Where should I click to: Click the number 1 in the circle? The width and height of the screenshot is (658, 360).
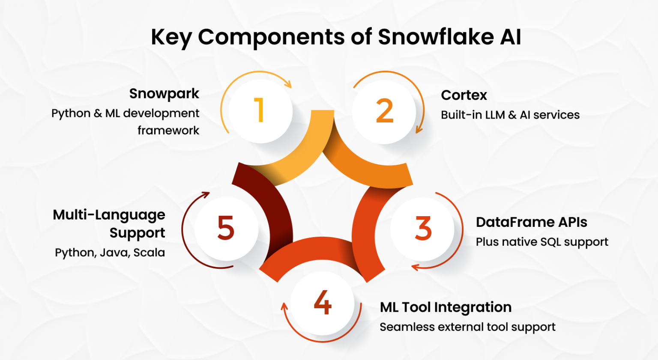coord(259,110)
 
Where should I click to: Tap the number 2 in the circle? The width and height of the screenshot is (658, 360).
coord(384,111)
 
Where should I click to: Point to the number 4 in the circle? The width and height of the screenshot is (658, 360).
coord(323,303)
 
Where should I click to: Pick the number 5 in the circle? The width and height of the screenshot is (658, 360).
coord(226,228)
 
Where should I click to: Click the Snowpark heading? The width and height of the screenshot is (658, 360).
coord(164,94)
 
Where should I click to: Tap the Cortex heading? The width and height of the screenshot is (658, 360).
coord(464,95)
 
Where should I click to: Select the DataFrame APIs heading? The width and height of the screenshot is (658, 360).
coord(531,222)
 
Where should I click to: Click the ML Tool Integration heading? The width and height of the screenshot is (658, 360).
coord(446,307)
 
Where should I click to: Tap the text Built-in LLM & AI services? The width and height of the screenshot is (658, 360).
coord(510,115)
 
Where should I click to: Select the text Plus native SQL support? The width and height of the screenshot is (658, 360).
coord(542,242)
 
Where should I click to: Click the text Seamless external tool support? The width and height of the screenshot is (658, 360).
coord(467,327)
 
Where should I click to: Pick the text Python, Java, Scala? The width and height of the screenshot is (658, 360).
coord(110,253)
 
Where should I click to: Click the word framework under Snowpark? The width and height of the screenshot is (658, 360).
coord(168,130)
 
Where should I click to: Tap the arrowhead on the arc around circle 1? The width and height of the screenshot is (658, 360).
coord(289,84)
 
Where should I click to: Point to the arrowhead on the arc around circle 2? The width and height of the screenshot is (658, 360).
coord(419,130)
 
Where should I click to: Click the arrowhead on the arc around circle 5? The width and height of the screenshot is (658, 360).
coord(206,195)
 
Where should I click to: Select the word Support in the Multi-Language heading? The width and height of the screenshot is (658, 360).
coord(137,233)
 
